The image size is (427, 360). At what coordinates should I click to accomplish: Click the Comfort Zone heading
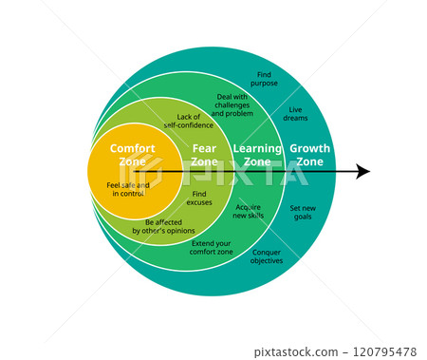click(132, 155)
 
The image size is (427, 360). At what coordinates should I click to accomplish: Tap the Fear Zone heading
click(204, 155)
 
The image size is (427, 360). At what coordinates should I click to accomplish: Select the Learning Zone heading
click(257, 155)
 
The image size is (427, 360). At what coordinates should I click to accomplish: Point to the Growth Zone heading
click(309, 155)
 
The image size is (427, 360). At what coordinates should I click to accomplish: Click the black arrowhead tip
click(368, 172)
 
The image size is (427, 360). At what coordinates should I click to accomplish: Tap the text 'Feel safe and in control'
click(128, 189)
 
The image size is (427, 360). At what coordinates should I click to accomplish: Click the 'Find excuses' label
click(199, 198)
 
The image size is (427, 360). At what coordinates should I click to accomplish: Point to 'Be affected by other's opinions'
click(163, 226)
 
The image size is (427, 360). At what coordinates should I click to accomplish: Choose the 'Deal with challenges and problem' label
click(232, 104)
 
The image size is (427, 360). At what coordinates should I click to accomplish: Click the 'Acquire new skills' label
click(249, 210)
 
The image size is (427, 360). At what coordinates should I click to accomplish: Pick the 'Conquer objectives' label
click(267, 256)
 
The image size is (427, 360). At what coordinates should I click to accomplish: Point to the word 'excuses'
click(199, 202)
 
